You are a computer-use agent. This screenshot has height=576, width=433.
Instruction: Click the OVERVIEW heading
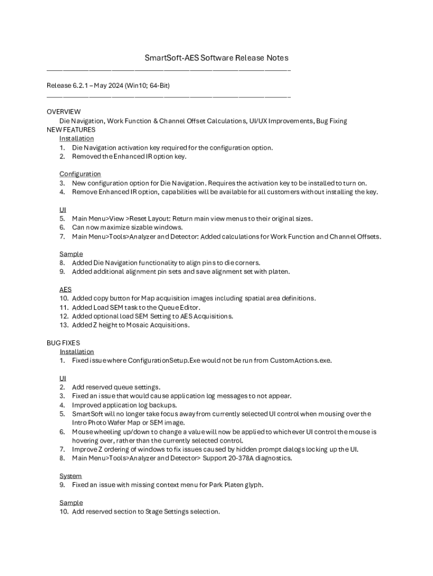coord(64,112)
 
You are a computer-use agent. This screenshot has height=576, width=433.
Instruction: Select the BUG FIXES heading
coord(63,343)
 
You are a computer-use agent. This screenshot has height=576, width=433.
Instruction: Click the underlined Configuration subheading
coord(80,174)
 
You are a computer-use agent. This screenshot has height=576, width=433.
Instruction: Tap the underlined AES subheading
coord(65,289)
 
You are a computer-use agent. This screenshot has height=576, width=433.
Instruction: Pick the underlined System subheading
coord(70,476)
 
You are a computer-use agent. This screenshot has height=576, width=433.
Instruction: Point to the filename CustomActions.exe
coord(301,361)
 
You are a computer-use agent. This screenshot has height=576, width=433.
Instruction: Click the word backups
coord(162,405)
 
